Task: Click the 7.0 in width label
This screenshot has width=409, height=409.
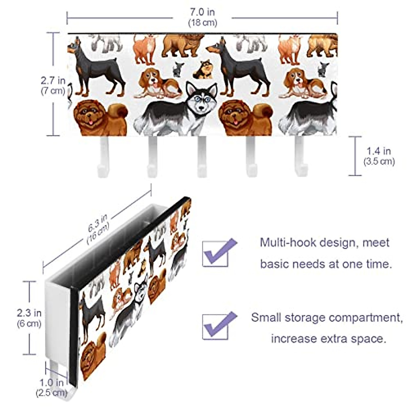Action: tap(202, 12)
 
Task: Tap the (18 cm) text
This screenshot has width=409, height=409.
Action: tap(202, 23)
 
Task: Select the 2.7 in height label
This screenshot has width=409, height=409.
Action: tap(53, 81)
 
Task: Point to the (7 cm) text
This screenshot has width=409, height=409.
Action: tap(53, 91)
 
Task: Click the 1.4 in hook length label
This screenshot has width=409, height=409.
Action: tap(378, 151)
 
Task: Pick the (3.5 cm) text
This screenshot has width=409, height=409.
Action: tap(379, 161)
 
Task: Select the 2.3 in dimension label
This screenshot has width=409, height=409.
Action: tap(29, 313)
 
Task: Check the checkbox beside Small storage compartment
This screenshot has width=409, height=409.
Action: tap(215, 327)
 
